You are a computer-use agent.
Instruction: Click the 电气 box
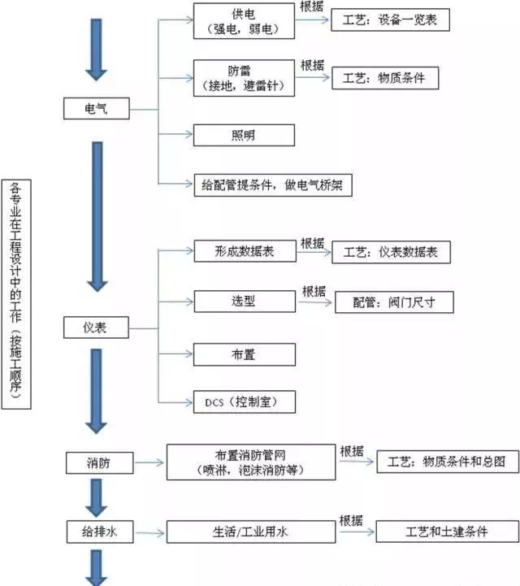[95, 108]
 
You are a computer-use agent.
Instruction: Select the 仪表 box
[95, 328]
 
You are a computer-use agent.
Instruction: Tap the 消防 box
[98, 463]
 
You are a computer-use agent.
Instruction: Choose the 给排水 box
[98, 532]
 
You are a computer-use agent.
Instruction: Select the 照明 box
[244, 133]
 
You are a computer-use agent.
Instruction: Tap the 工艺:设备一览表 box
[390, 20]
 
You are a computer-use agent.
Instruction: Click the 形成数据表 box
[245, 251]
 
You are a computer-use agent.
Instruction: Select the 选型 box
[244, 301]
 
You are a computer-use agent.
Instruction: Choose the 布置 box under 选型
[244, 354]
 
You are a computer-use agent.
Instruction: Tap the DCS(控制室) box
[245, 402]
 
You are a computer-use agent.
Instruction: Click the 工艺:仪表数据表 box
[391, 252]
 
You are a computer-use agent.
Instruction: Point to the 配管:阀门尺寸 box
[395, 302]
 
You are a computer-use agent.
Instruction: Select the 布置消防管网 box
[250, 462]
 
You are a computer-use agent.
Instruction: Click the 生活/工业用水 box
[250, 532]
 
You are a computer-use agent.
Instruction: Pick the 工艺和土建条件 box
[447, 532]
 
